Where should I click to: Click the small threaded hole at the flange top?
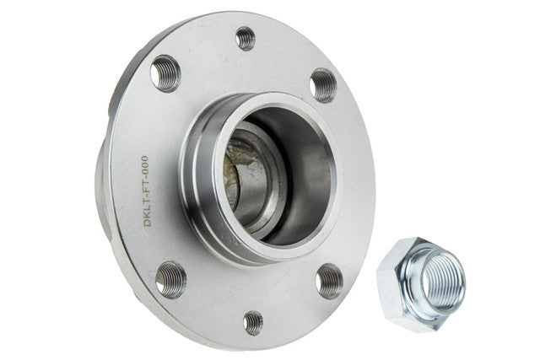pyautogui.click(x=246, y=38)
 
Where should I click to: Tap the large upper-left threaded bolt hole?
pyautogui.click(x=165, y=73)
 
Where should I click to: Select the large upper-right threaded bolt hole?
pyautogui.click(x=322, y=85)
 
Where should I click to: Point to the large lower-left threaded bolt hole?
pyautogui.click(x=170, y=279)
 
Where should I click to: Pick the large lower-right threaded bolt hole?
pyautogui.click(x=329, y=282)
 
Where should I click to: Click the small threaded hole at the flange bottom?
pyautogui.click(x=253, y=323)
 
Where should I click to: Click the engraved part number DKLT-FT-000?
pyautogui.click(x=146, y=191)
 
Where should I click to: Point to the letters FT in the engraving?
pyautogui.click(x=145, y=185)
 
